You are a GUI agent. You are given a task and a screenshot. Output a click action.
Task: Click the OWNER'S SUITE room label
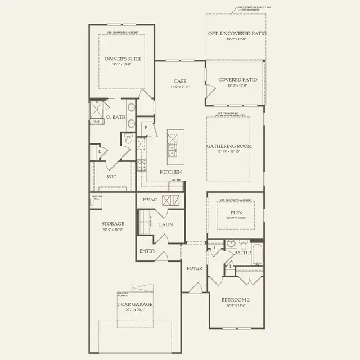click(123, 58)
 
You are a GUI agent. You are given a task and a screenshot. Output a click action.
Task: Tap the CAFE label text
click(180, 81)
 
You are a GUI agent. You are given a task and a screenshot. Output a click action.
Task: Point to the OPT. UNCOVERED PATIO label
click(237, 34)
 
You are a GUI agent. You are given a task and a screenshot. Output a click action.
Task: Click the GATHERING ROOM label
click(229, 146)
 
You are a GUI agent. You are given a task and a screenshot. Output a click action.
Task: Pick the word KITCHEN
click(170, 172)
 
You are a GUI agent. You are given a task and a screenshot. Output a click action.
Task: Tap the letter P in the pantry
click(145, 128)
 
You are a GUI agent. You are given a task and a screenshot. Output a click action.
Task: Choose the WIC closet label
click(111, 176)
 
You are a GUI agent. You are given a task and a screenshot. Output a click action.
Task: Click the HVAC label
click(149, 200)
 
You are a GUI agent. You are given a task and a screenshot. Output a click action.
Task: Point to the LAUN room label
click(166, 224)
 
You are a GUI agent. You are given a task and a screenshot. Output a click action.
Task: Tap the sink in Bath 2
click(231, 244)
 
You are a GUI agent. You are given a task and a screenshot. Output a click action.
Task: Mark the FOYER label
click(195, 268)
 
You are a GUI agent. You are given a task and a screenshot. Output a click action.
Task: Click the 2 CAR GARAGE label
click(135, 304)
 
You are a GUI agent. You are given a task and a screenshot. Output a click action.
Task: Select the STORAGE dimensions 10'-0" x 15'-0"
click(113, 229)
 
